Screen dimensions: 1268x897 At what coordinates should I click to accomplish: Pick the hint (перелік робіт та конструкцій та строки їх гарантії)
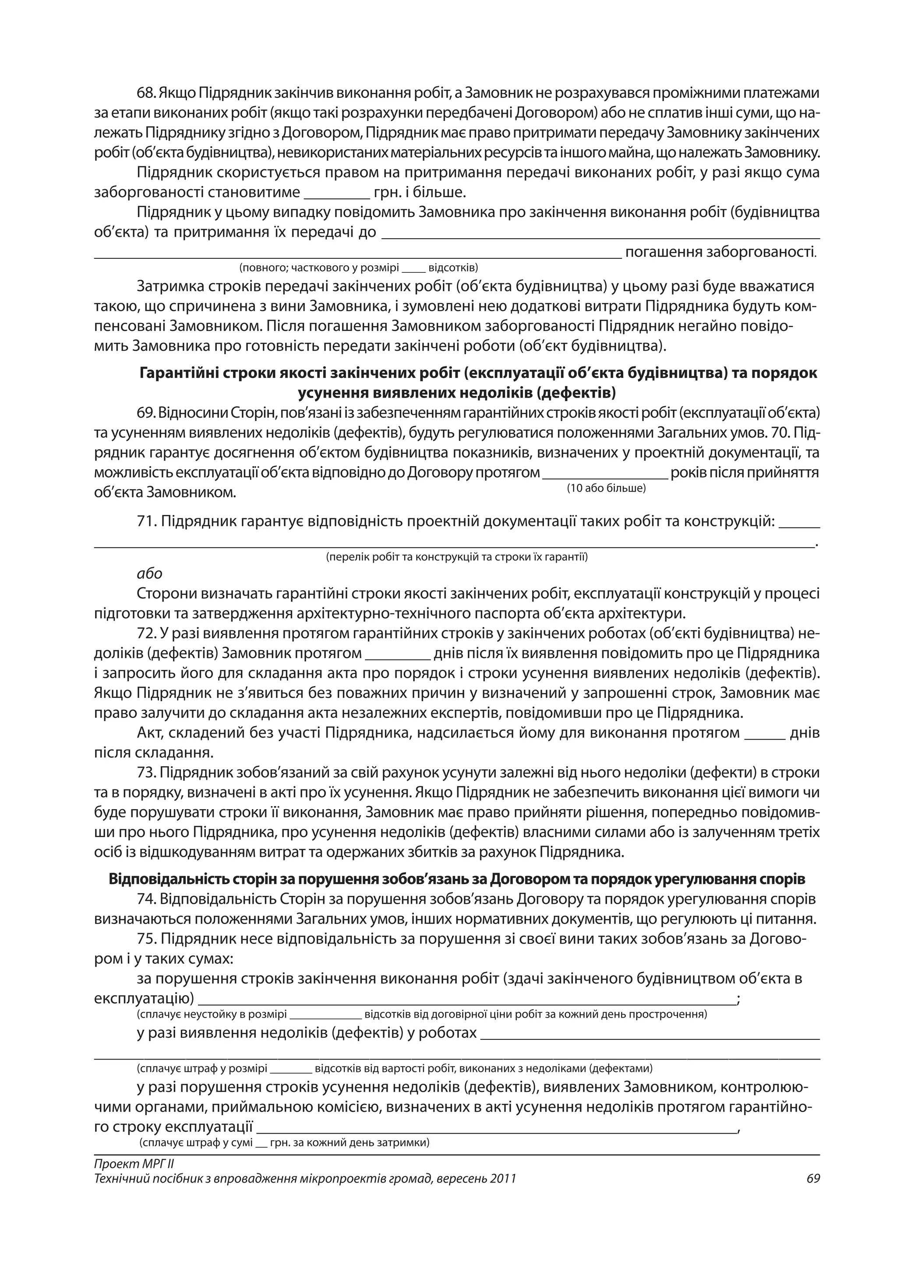click(457, 557)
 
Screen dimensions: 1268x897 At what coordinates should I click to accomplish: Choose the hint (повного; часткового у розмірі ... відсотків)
click(358, 268)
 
